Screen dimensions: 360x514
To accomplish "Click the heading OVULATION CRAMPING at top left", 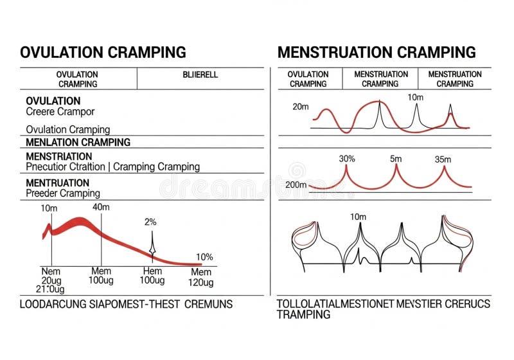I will point(103,52).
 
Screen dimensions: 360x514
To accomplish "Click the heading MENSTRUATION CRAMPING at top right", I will point(377,52).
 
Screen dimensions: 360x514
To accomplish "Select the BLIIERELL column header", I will point(200,75).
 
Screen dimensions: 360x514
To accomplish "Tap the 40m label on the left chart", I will point(101,207).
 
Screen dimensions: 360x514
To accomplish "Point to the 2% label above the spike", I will point(150,222).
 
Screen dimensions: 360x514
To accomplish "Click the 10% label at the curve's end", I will point(204,256).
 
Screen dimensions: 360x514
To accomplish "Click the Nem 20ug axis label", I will point(51,277).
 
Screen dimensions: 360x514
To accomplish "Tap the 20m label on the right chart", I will point(301,107).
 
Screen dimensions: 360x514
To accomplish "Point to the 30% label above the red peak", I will point(346,158).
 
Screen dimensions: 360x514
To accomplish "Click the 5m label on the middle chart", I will point(395,158).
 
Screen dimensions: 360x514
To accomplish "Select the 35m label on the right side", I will point(443,159).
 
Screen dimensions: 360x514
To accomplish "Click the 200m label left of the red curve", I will point(296,184).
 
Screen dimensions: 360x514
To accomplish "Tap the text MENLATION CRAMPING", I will point(78,142).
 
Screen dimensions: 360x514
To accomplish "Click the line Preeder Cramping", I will point(63,193).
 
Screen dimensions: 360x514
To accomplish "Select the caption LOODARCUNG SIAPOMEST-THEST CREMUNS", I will point(126,303).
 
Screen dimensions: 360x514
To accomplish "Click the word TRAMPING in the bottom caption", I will point(303,314).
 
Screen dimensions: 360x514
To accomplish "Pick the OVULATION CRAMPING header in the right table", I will point(308,79).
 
